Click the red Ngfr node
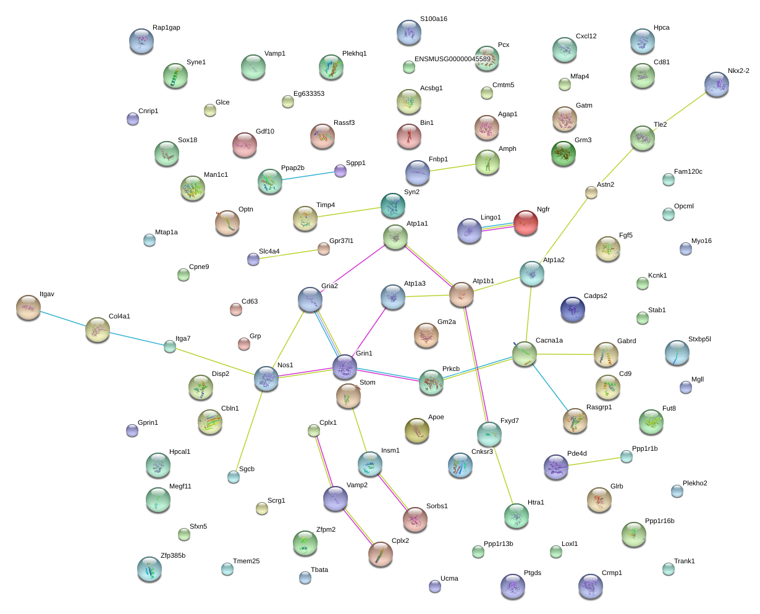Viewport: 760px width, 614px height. pos(525,223)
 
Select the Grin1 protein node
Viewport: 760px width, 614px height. pos(344,367)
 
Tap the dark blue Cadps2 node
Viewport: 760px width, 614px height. pos(572,309)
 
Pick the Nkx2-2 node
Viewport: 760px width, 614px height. pos(716,84)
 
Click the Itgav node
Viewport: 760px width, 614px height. pos(28,307)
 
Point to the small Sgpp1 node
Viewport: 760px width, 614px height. pos(340,171)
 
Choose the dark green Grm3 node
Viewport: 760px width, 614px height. pos(563,153)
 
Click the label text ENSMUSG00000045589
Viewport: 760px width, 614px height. pos(452,59)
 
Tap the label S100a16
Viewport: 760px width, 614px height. pos(433,19)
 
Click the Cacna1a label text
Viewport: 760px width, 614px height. pos(549,340)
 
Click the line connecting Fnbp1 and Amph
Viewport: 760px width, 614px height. pos(452,167)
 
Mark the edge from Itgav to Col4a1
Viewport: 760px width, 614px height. pos(63,319)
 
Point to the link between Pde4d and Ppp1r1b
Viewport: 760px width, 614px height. pos(594,461)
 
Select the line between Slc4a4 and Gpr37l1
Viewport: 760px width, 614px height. pos(288,254)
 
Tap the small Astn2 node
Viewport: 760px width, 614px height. pos(591,192)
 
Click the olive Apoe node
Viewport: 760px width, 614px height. pos(416,430)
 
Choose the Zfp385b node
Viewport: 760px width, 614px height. pos(149,569)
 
